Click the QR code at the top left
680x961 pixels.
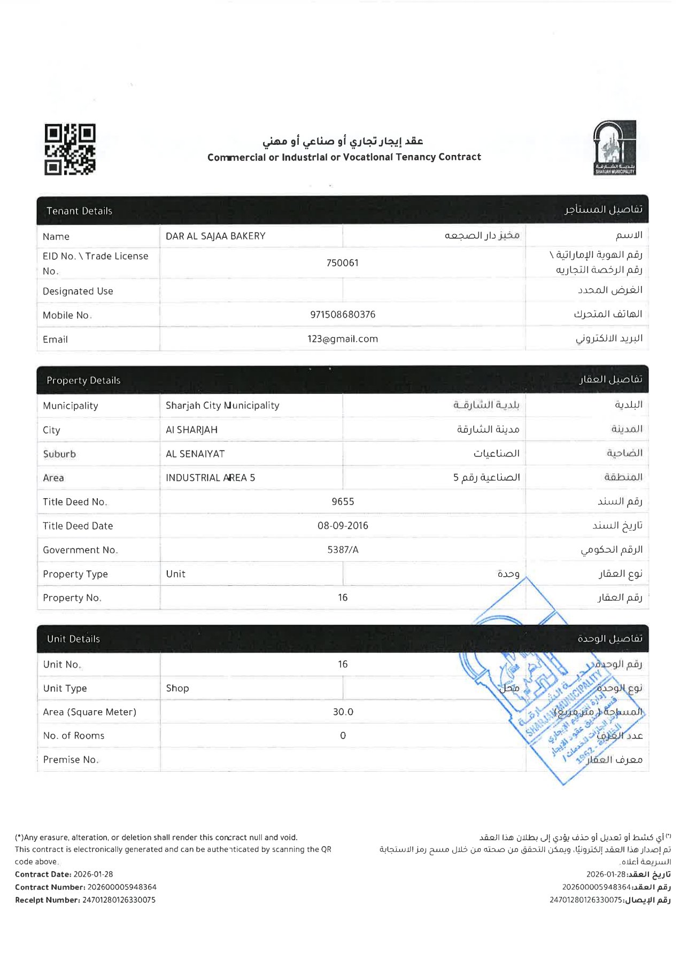69,149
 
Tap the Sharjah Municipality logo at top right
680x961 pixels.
614,148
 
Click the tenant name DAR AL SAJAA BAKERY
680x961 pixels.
215,236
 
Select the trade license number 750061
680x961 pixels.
342,263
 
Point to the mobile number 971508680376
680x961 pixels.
343,315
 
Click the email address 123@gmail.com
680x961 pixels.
343,339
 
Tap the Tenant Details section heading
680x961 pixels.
79,211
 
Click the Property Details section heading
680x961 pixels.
83,381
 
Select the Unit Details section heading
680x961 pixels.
73,639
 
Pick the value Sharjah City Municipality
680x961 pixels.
222,406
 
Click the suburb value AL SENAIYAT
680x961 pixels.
195,454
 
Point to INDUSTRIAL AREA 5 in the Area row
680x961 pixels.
210,478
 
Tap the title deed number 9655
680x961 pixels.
343,502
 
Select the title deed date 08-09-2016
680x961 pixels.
343,526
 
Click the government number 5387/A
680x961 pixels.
343,550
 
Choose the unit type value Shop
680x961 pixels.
177,688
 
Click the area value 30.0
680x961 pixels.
343,712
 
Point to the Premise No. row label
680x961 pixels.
71,760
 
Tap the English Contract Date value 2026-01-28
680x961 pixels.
93,874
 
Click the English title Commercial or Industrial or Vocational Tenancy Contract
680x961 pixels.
344,157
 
